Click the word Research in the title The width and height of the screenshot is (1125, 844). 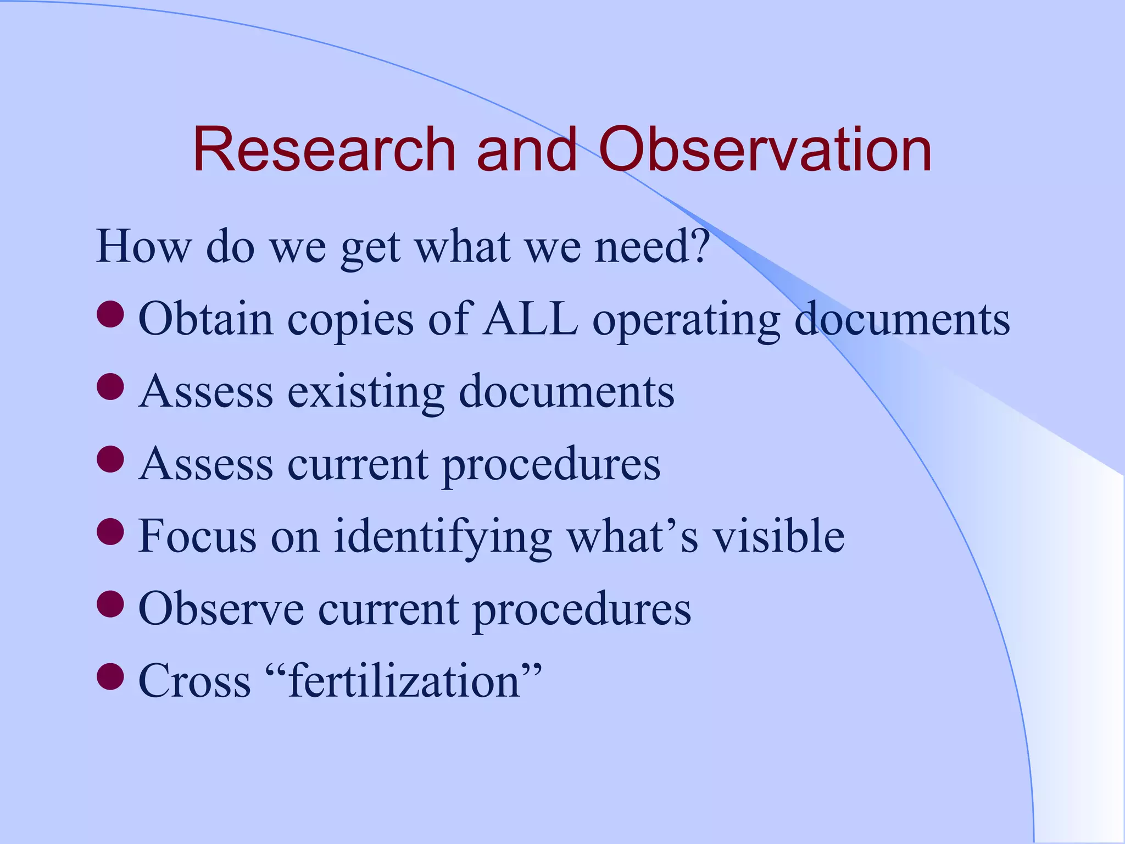[x=324, y=149]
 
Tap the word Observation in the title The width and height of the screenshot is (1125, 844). [x=765, y=149]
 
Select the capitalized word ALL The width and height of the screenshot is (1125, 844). [x=530, y=319]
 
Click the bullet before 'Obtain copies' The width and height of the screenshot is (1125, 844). [x=110, y=314]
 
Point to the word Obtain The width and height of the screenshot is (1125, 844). [x=205, y=319]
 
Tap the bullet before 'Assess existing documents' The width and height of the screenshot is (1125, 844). [x=110, y=386]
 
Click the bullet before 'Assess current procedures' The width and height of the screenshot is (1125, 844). [x=110, y=459]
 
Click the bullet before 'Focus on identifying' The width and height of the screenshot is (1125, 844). [x=110, y=531]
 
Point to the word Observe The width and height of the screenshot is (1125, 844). [x=221, y=608]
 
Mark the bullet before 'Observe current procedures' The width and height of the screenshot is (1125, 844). [x=110, y=604]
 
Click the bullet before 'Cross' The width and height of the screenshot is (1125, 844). [x=110, y=676]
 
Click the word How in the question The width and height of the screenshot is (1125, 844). [x=143, y=246]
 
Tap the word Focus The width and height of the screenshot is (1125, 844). [x=197, y=536]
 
